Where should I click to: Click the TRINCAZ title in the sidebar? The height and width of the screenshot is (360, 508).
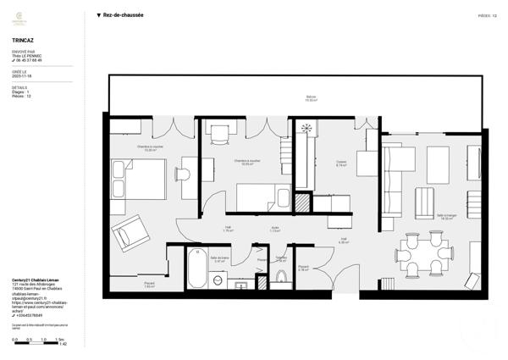click(23, 39)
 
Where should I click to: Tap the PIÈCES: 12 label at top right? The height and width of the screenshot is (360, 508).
click(486, 15)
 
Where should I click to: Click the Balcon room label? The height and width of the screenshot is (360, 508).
click(311, 98)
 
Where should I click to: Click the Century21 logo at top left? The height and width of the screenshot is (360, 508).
click(23, 16)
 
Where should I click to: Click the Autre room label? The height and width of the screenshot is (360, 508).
click(275, 228)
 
